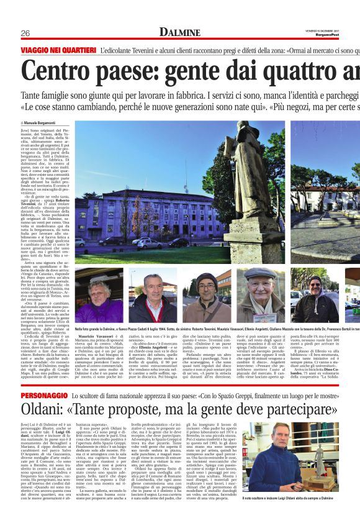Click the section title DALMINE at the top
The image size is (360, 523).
[x=180, y=32]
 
